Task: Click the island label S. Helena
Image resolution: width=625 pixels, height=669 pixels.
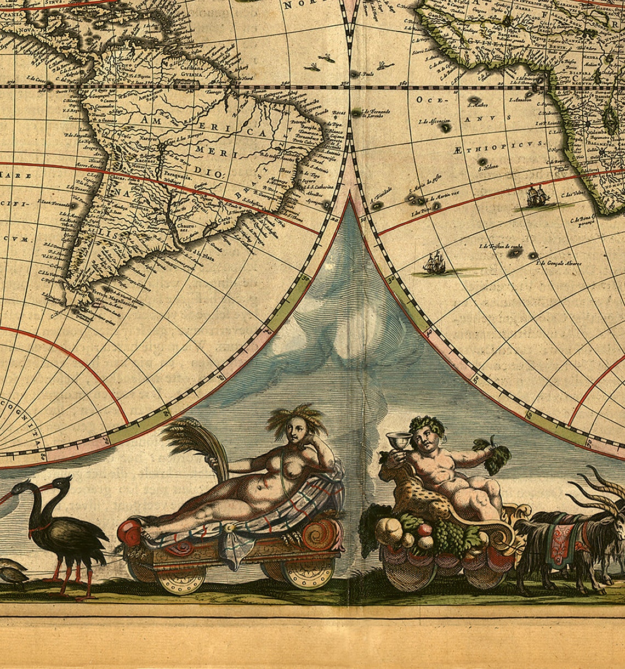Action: pos(486,169)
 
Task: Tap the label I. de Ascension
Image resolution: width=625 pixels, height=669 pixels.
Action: pos(434,120)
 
